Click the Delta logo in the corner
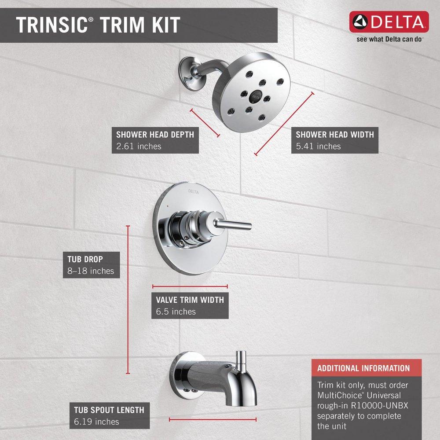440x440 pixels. point(389,21)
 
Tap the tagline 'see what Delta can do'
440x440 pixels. point(389,39)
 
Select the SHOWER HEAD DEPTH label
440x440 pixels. point(154,135)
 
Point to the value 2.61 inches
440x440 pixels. point(136,146)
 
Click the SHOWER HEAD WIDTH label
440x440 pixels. point(334,135)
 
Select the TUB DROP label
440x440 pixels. point(85,259)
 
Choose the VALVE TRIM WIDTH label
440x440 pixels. point(190,300)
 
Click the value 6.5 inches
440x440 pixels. point(176,312)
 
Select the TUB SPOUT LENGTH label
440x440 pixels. point(109,410)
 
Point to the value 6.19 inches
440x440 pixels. point(96,422)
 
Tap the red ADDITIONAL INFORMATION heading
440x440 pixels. point(363,368)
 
